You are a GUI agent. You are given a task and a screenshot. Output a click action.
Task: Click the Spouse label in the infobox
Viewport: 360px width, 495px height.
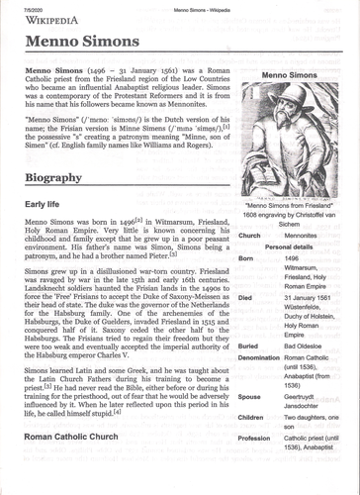point(252,396)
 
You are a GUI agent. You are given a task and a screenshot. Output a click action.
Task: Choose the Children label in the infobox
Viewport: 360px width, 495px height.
point(255,420)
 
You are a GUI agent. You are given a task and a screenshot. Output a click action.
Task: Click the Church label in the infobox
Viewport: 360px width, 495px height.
point(251,236)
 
